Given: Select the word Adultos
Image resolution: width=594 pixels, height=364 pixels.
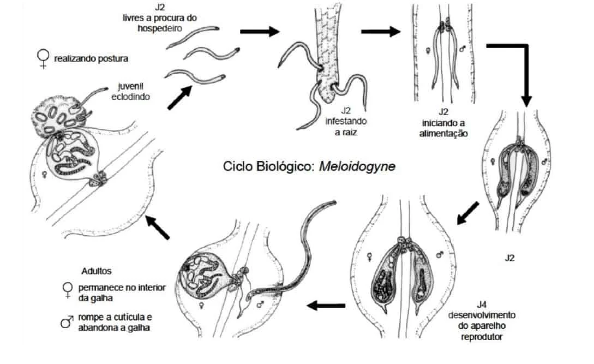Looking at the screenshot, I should click(96, 271).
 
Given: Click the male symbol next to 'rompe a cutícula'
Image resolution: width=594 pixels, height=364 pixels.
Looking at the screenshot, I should click(67, 323).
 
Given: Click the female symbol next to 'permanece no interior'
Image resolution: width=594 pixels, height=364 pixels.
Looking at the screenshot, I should click(68, 290).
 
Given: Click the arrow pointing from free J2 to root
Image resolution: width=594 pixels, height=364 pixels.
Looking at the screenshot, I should click(259, 31).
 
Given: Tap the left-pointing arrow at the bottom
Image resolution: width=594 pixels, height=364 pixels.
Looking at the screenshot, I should click(326, 306).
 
